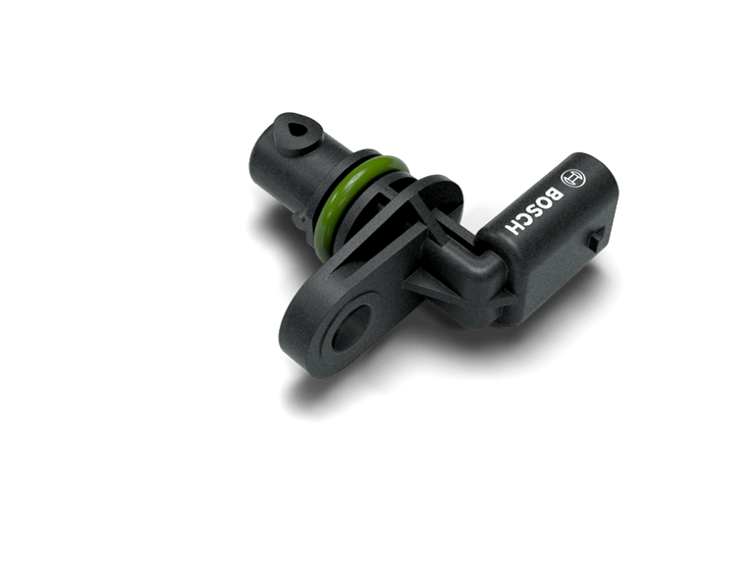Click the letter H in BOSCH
click(513, 226)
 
